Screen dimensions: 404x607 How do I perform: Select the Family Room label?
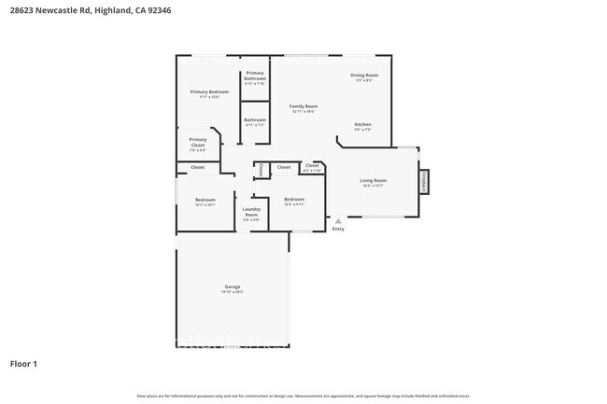tap(303, 107)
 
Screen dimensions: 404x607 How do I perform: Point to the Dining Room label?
tap(364, 76)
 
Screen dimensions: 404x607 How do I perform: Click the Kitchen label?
tap(362, 125)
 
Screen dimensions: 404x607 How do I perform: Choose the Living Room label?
tap(374, 181)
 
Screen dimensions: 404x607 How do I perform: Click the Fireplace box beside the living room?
tap(424, 181)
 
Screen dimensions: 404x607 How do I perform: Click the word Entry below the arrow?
tap(338, 230)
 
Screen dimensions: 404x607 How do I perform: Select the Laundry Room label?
tap(251, 213)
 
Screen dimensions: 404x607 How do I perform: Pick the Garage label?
tap(233, 287)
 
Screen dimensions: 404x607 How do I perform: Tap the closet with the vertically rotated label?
tap(260, 169)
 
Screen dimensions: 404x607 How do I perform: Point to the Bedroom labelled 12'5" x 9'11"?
tap(294, 200)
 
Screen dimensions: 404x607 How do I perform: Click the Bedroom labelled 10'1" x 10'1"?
tap(205, 201)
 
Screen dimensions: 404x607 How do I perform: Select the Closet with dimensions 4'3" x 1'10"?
tap(312, 167)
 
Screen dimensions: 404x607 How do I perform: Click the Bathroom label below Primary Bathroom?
tap(255, 120)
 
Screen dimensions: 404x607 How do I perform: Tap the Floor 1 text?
tap(23, 364)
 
